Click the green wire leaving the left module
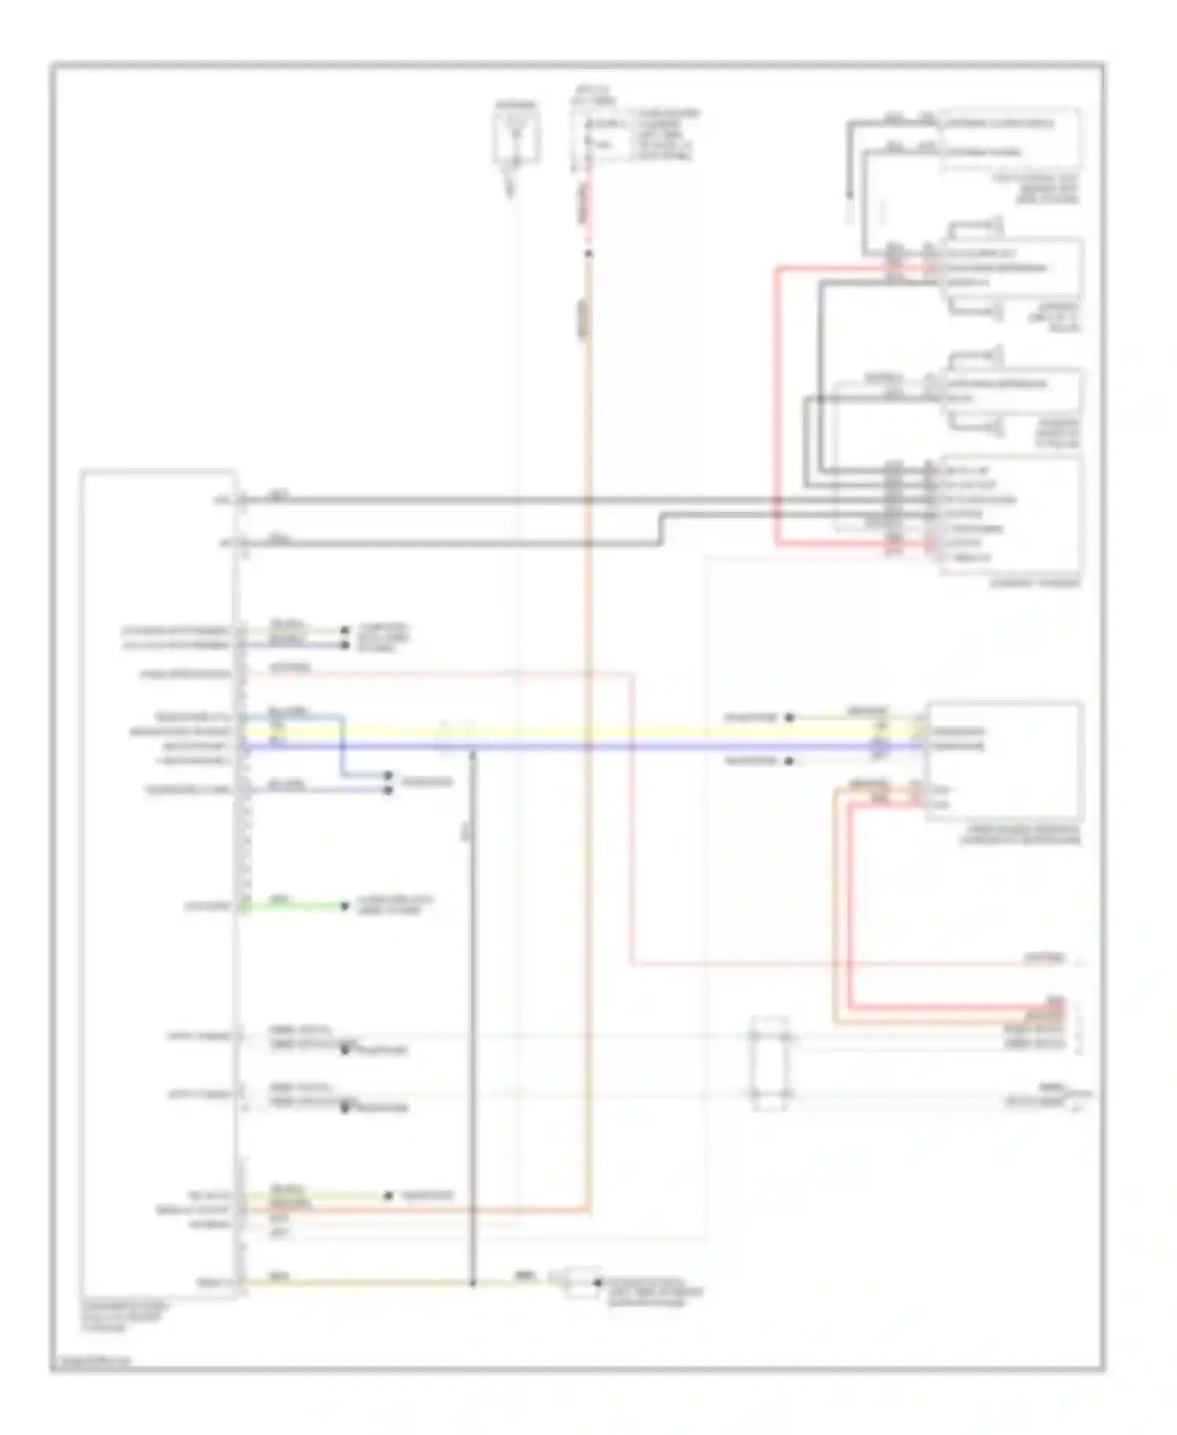click(x=294, y=906)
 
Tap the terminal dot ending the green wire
click(x=344, y=906)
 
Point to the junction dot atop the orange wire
click(x=588, y=254)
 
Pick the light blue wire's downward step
click(x=342, y=746)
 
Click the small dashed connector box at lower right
click(x=770, y=1064)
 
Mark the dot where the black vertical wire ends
click(x=472, y=1283)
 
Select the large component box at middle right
click(x=1004, y=761)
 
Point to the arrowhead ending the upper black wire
click(x=849, y=196)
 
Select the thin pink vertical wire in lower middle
click(x=632, y=824)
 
